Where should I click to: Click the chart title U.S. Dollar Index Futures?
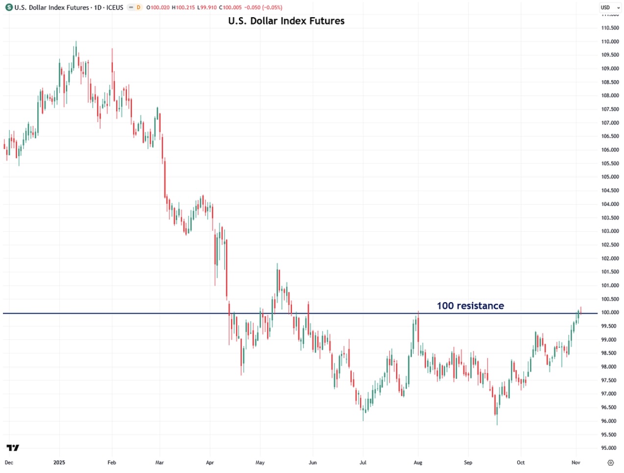(286, 21)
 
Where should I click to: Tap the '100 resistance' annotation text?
(470, 306)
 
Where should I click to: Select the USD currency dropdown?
(610, 7)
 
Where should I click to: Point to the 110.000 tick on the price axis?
(610, 42)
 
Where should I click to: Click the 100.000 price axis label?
(610, 312)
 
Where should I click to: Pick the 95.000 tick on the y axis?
(610, 448)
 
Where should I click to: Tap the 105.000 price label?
(610, 177)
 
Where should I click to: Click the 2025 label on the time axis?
(59, 462)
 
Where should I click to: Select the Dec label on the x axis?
(9, 462)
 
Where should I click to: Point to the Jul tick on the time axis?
(363, 462)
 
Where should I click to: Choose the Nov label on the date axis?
(576, 462)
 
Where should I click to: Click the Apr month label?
(210, 462)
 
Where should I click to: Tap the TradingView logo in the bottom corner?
(13, 448)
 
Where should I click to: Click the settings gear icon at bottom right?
(610, 462)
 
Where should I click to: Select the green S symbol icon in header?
(9, 7)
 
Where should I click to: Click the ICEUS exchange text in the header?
(115, 7)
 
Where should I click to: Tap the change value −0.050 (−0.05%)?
(263, 7)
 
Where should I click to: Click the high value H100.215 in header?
(183, 7)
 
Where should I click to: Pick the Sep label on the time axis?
(468, 462)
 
